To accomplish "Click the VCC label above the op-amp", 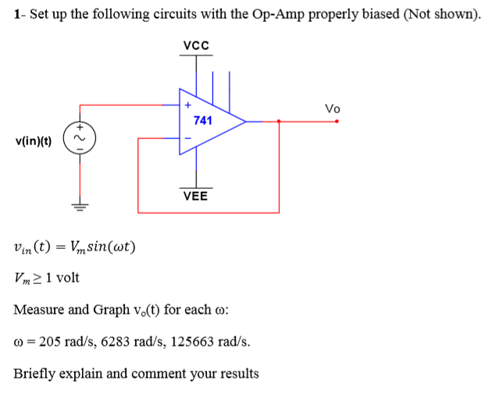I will click(195, 45).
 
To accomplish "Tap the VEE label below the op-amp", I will click(195, 196).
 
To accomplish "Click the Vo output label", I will click(333, 108).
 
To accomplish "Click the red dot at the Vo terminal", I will click(337, 121).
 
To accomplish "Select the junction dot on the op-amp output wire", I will click(279, 121).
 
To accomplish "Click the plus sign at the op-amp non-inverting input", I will click(187, 105).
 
